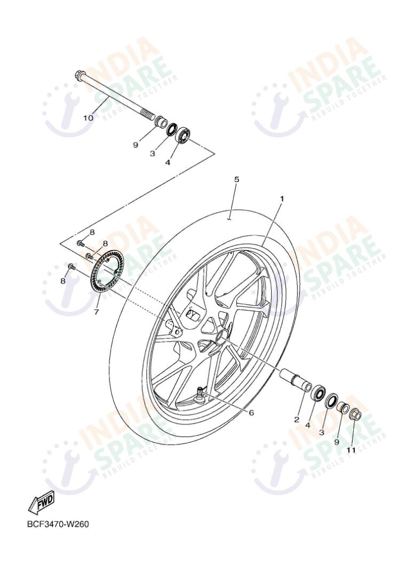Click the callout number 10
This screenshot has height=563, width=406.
click(x=88, y=117)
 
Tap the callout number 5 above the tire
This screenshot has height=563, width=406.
click(x=236, y=179)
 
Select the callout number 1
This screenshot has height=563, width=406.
click(x=282, y=199)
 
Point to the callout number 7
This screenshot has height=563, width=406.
click(x=97, y=312)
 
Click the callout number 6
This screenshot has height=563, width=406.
click(x=252, y=412)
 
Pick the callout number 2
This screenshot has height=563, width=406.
click(x=297, y=419)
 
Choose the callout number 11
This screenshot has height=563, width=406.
click(x=351, y=450)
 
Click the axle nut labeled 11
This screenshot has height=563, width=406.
click(x=357, y=414)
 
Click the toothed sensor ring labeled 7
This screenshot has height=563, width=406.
click(x=107, y=272)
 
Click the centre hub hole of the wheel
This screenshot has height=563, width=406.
click(x=220, y=338)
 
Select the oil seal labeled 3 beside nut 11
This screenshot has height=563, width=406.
click(x=331, y=400)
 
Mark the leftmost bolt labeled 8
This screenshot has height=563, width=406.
click(x=71, y=265)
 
